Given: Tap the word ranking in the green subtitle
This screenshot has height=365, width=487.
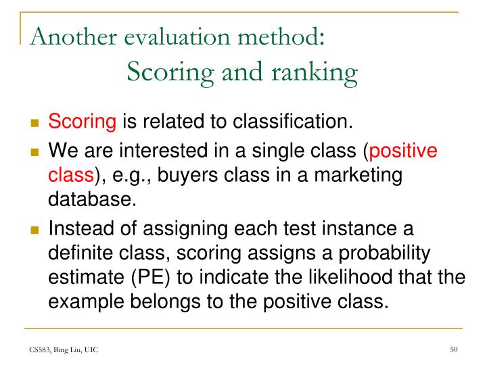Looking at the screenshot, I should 317,70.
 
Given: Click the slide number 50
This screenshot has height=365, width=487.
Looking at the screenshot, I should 454,349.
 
